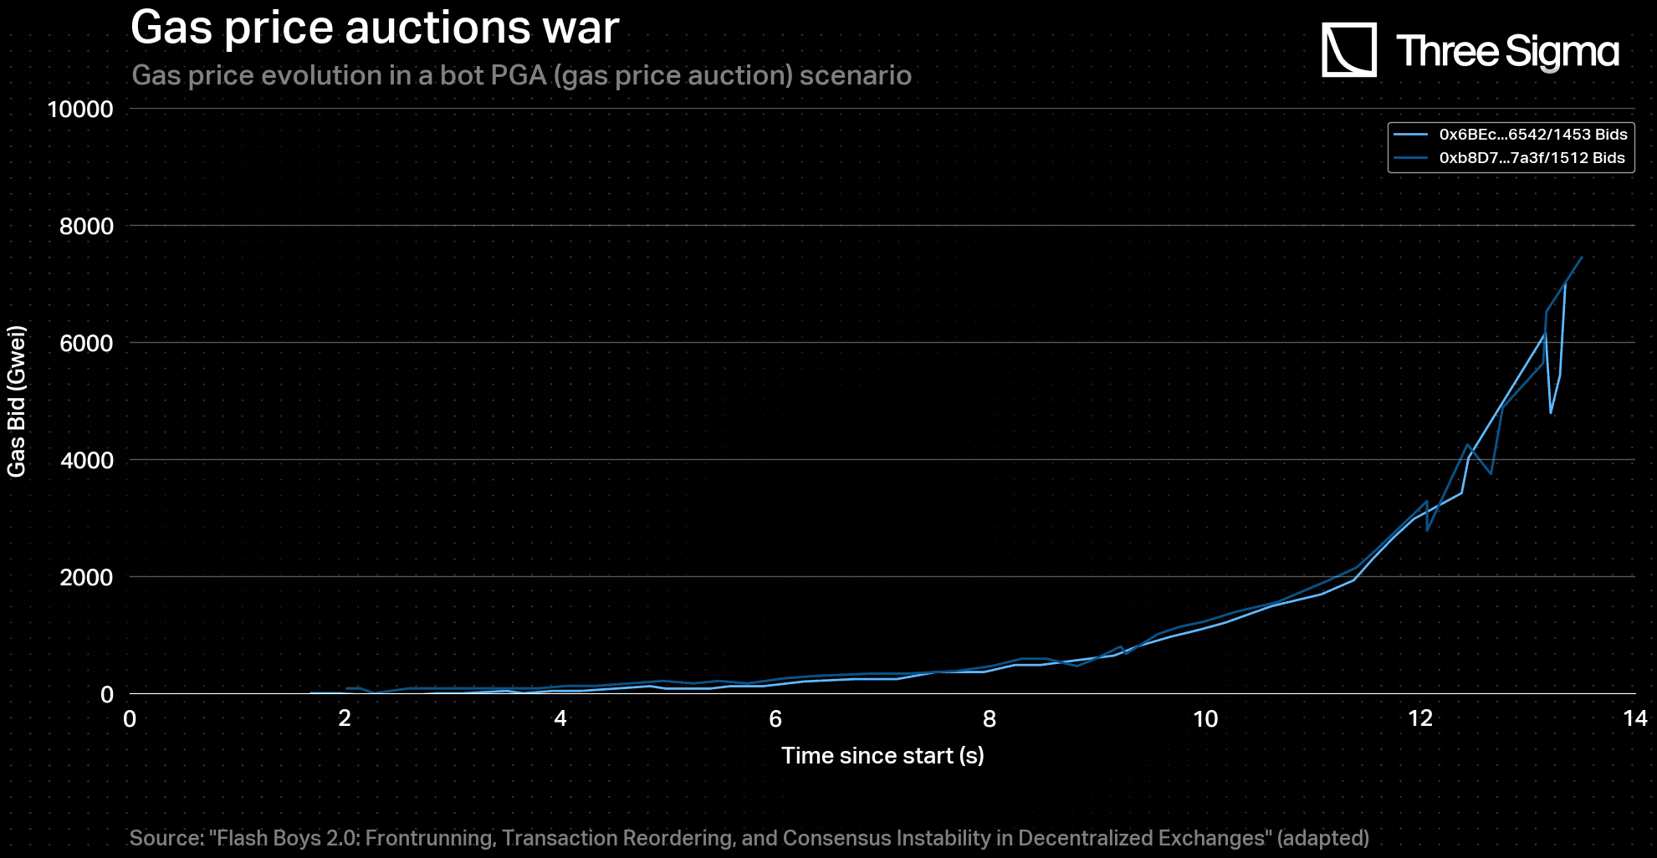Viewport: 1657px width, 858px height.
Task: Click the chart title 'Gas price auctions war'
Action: pos(375,28)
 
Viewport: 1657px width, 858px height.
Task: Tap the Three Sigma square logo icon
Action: pos(1348,50)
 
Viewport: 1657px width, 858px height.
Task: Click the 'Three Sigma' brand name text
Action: pos(1507,51)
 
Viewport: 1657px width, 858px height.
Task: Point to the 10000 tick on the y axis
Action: pos(80,110)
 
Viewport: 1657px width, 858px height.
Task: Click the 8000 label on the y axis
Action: pos(86,227)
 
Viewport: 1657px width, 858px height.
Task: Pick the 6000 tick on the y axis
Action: pos(86,344)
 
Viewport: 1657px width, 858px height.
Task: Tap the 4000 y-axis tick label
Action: pos(86,461)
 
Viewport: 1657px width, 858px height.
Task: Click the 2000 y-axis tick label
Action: pos(86,578)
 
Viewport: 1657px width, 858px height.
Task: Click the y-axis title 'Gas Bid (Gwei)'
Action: pos(17,401)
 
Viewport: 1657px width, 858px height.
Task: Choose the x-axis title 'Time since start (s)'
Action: pos(882,756)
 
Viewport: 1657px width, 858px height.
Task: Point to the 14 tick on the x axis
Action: pos(1634,719)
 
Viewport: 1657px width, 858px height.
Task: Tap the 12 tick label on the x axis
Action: pos(1420,719)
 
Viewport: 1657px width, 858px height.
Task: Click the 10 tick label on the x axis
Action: pos(1205,719)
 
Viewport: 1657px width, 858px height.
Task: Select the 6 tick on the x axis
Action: pos(775,719)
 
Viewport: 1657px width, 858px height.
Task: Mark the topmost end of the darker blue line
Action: pos(1582,258)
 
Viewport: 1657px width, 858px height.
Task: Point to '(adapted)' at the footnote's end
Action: pos(1322,838)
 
